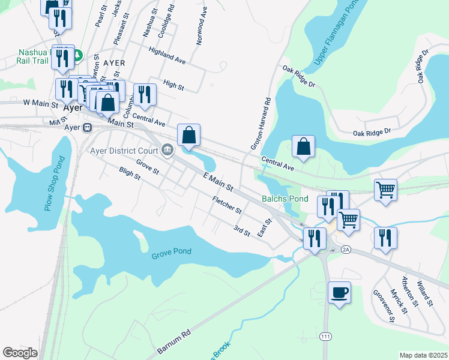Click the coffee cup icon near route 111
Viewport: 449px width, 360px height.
[x=339, y=292]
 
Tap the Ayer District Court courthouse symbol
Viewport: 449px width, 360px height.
[x=167, y=150]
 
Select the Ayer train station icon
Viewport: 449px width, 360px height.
[x=88, y=127]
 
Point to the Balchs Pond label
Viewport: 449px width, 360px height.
[x=284, y=199]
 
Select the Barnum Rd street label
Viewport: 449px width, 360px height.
[x=174, y=340]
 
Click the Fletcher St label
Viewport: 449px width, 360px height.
[x=226, y=206]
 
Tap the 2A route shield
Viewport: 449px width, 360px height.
[x=345, y=248]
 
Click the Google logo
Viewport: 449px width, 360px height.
[x=20, y=353]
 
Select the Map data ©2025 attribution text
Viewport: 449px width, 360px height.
[x=424, y=355]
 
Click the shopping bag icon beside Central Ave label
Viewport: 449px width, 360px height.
[x=303, y=146]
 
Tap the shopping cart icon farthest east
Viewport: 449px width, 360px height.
[x=385, y=190]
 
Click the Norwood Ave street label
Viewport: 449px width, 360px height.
[x=201, y=28]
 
